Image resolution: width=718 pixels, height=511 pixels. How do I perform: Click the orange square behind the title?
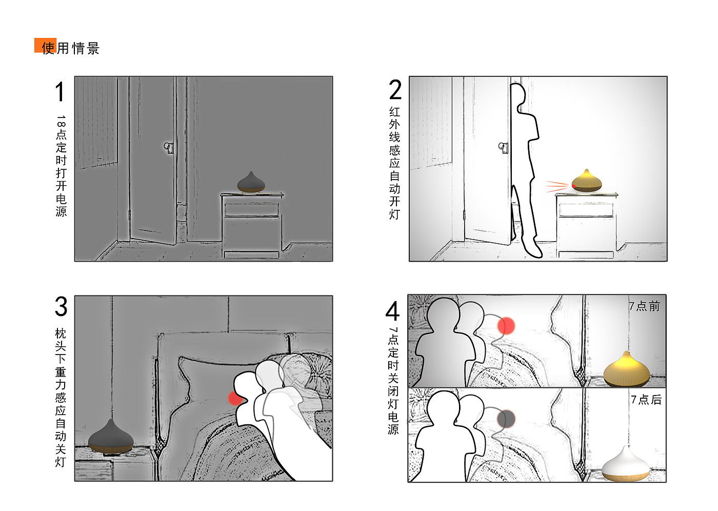[46, 45]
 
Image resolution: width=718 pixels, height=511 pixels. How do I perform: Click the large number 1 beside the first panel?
[61, 92]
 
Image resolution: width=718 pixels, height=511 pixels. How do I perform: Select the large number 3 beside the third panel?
[61, 306]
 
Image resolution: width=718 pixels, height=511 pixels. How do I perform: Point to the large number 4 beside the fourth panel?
[393, 310]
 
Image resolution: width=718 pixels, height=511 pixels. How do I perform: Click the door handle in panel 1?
[169, 147]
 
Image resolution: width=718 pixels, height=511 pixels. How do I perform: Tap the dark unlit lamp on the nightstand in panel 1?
[251, 182]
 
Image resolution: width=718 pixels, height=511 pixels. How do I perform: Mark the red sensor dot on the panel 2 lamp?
[573, 186]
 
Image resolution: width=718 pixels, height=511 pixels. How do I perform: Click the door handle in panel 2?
[503, 148]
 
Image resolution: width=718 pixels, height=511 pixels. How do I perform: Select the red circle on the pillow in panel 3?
[235, 398]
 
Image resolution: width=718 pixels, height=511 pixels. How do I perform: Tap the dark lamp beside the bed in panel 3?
[111, 436]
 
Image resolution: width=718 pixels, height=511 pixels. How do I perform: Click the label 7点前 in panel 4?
[644, 306]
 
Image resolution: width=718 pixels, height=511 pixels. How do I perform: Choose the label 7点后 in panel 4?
[646, 400]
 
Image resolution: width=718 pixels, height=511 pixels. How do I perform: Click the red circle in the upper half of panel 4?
[506, 326]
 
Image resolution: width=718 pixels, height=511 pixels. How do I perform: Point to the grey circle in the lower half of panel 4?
[506, 419]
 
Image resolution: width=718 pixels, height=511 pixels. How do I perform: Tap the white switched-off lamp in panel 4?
[626, 464]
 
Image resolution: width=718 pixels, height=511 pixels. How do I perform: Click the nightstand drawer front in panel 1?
[251, 210]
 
